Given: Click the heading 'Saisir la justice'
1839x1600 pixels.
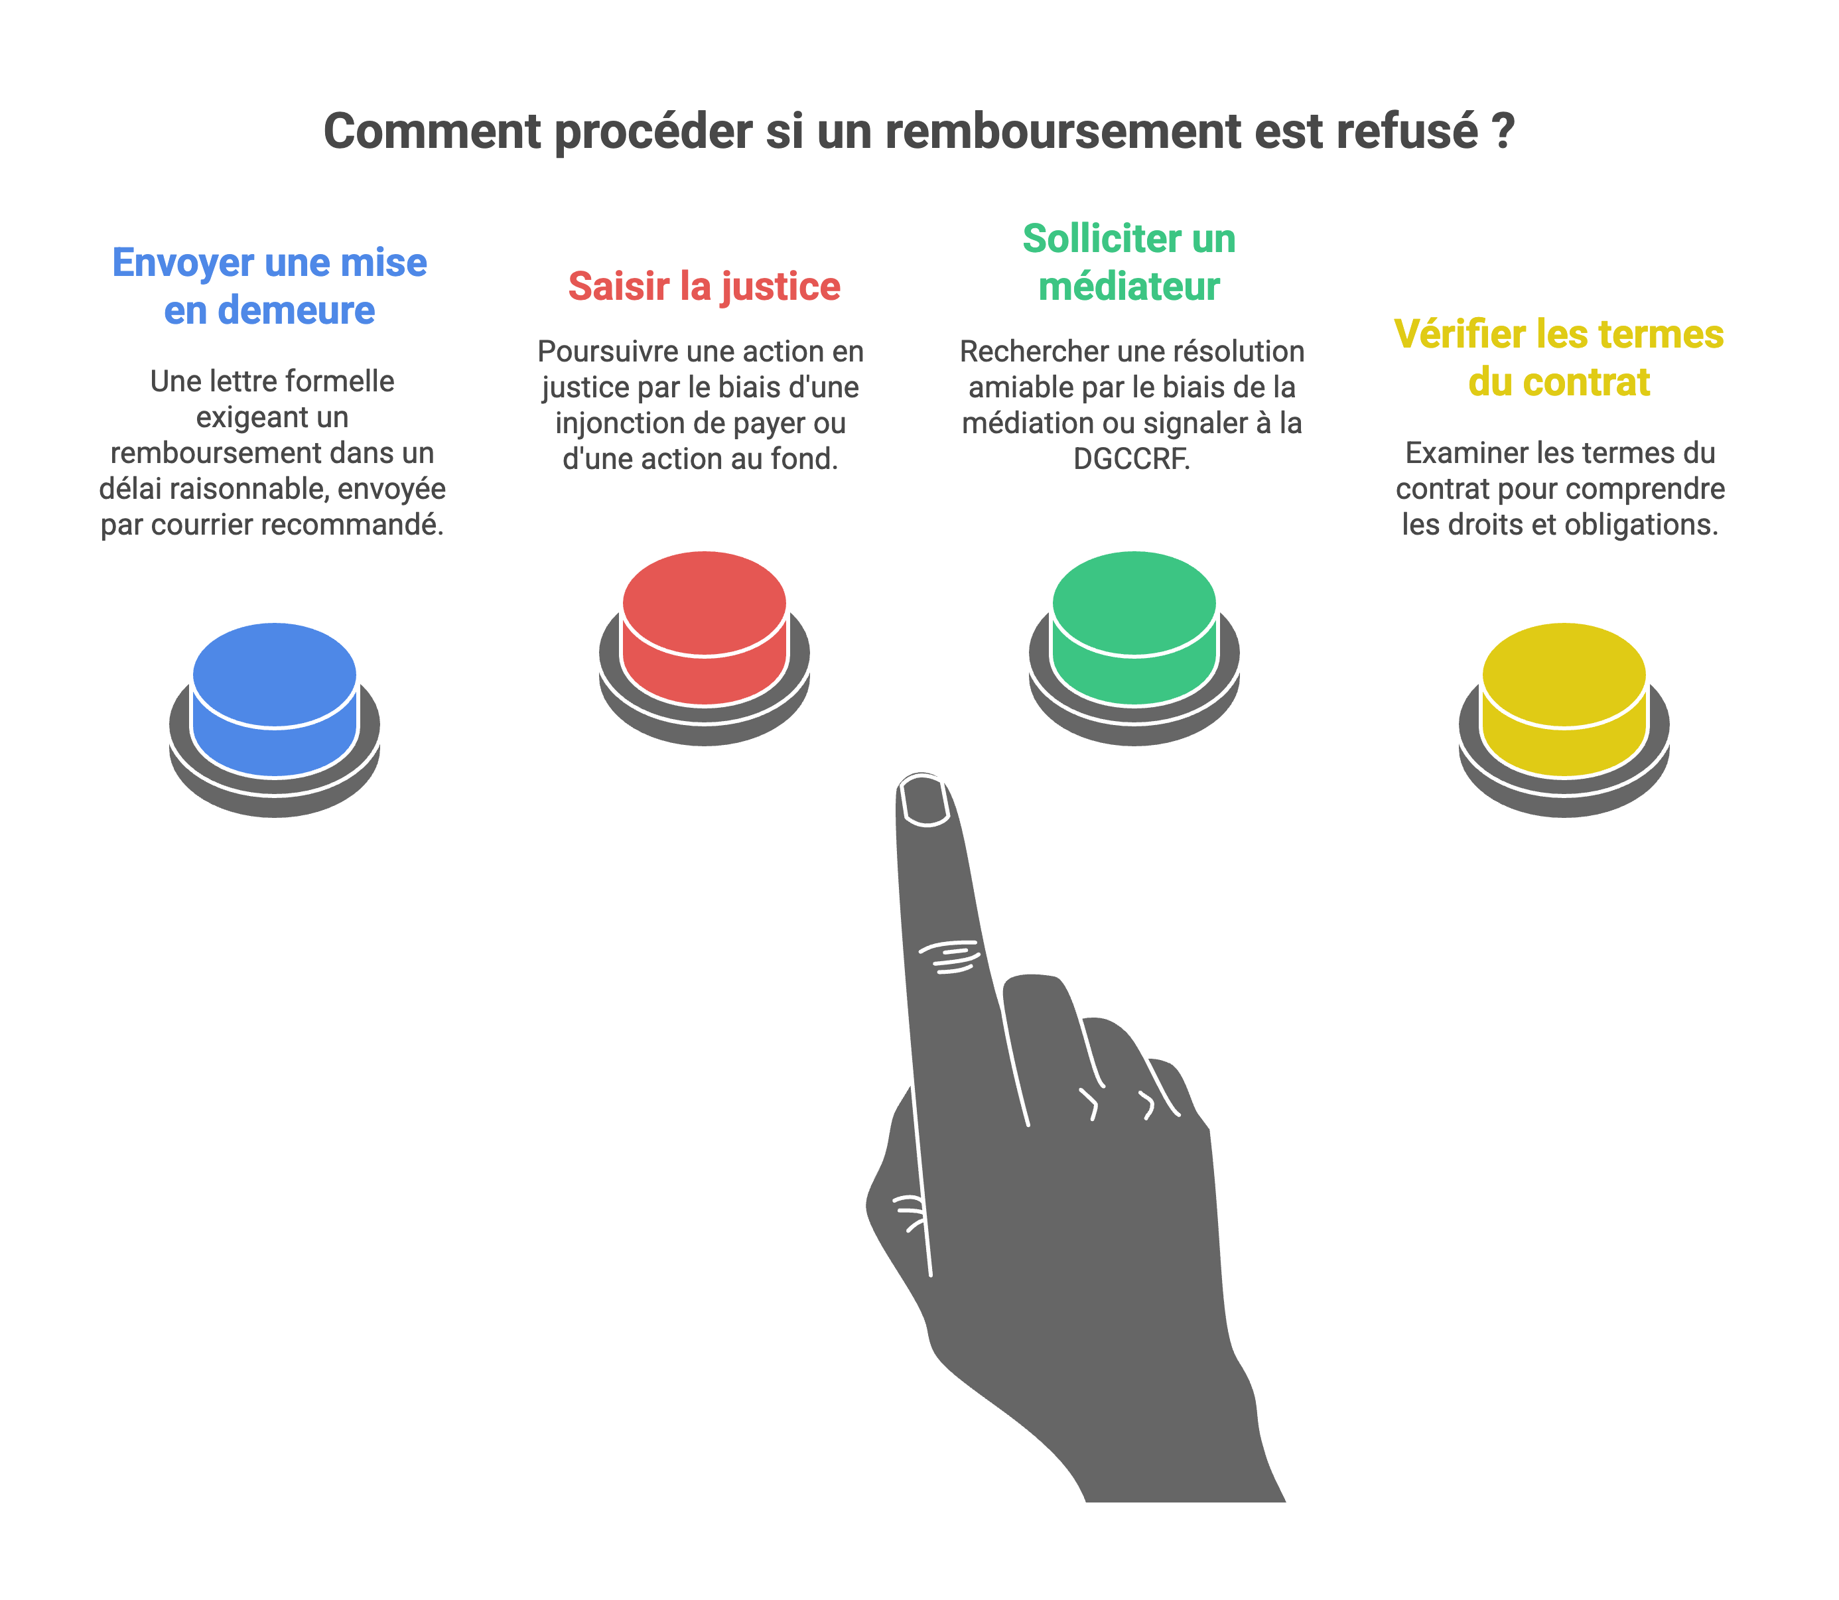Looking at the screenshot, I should [705, 287].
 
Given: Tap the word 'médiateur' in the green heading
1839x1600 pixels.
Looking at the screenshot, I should [1129, 287].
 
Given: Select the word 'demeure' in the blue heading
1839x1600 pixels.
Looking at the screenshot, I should [297, 310].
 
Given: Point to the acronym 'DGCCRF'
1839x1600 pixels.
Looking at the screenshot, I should [1130, 459].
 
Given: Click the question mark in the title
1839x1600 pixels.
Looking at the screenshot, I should [1503, 132].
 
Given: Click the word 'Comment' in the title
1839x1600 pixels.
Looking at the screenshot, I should [432, 132].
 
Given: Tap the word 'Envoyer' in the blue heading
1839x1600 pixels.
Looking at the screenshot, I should [183, 263].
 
